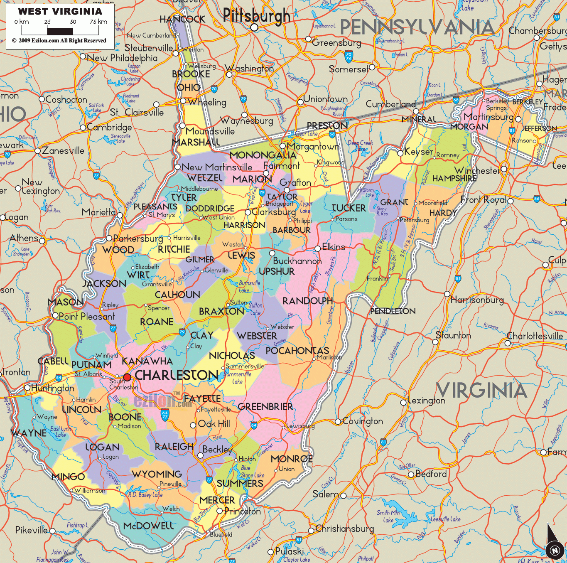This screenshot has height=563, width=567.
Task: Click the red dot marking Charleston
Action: [x=127, y=377]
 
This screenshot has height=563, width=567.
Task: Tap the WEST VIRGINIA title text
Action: [x=60, y=12]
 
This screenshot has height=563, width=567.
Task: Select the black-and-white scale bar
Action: [x=60, y=31]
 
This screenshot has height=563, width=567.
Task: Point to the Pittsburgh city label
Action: [x=256, y=16]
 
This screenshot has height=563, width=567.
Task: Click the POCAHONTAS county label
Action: [x=297, y=351]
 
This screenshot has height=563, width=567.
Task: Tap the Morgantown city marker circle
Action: [x=282, y=146]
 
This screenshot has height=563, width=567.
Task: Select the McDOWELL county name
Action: [x=148, y=526]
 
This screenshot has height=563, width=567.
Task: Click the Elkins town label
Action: [x=334, y=247]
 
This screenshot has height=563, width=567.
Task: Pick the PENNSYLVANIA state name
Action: [x=417, y=28]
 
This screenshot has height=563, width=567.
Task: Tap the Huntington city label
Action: [x=53, y=388]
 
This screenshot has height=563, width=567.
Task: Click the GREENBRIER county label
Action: [x=265, y=407]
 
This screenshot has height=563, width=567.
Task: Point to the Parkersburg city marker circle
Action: [x=109, y=238]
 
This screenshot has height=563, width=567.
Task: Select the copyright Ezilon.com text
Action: [x=59, y=41]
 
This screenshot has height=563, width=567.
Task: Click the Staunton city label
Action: [x=453, y=335]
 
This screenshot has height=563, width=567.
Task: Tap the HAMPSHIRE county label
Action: [x=454, y=178]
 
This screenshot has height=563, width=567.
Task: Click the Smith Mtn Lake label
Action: [x=388, y=516]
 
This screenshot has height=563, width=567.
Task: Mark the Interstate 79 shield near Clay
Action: [x=182, y=332]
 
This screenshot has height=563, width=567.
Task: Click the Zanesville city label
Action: [x=63, y=150]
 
